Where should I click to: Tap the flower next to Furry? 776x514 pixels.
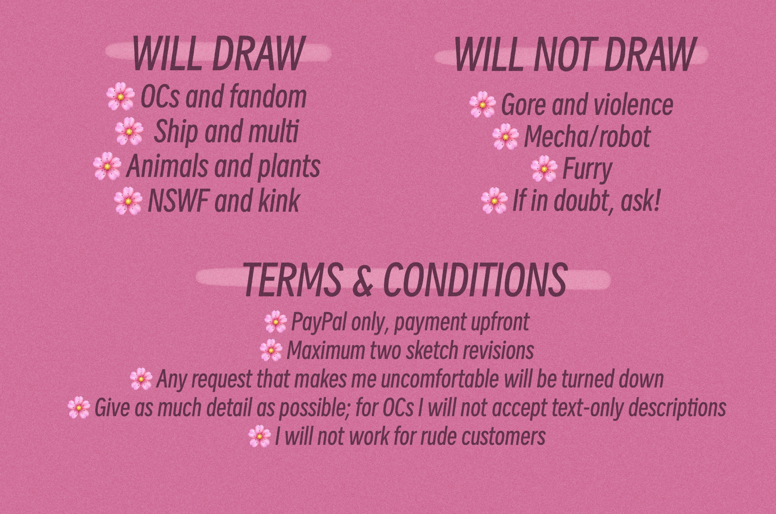click(x=544, y=169)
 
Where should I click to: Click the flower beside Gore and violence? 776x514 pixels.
click(x=482, y=104)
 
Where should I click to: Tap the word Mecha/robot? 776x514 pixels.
click(x=587, y=136)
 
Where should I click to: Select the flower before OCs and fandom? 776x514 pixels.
click(x=121, y=97)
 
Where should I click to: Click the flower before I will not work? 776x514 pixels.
click(x=259, y=436)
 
